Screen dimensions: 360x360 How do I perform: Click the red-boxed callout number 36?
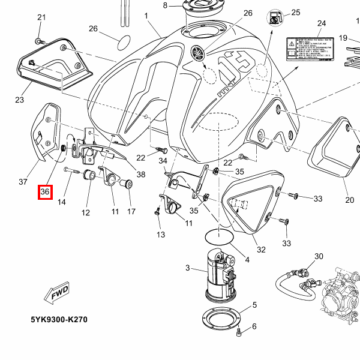[45, 192]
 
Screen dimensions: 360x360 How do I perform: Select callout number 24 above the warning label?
[321, 23]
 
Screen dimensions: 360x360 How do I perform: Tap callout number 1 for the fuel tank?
[146, 15]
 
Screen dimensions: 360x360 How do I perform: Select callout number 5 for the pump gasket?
[254, 305]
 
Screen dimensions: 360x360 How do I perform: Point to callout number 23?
[19, 100]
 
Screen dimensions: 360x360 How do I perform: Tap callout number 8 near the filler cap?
[166, 6]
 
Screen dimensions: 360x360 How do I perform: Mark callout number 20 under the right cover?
[350, 200]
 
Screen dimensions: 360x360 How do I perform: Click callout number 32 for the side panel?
[261, 250]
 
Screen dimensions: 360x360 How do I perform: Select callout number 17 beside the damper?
[131, 212]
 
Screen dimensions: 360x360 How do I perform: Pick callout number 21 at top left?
[41, 17]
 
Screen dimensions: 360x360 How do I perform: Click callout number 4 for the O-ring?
[247, 260]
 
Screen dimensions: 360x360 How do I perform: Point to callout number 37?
[23, 182]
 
